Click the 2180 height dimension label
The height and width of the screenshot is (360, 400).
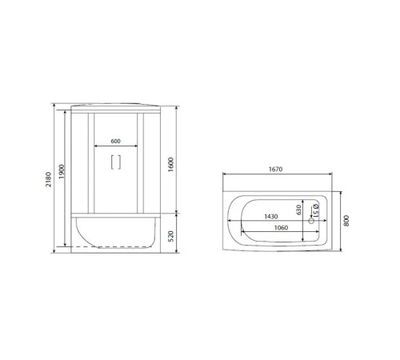coord(48,179)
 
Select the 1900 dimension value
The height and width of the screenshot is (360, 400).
coord(62,172)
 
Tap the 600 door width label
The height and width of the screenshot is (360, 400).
coord(115,141)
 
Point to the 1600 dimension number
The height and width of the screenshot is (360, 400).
coord(170,165)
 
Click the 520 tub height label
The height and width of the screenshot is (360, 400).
coord(171,236)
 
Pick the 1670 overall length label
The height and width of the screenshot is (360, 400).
coord(275,170)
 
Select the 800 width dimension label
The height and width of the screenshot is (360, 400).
coord(346,221)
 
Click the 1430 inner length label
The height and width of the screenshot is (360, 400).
coord(271,216)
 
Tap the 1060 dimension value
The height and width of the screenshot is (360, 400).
coord(281,228)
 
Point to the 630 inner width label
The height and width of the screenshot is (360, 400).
coord(298,210)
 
